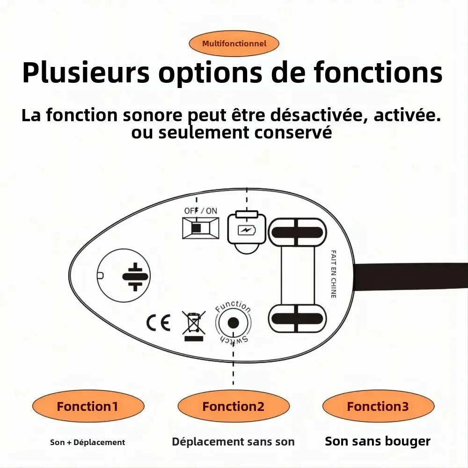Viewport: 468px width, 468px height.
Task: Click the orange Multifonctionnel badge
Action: pos(234,44)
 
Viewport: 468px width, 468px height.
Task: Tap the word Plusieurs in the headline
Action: pos(86,73)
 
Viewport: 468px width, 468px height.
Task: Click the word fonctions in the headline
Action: pos(378,73)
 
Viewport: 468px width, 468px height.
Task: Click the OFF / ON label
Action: pos(200,211)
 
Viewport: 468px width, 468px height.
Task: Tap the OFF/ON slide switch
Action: pos(200,228)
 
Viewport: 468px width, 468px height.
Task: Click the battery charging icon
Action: pos(246,229)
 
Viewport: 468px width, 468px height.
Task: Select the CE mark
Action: pos(158,323)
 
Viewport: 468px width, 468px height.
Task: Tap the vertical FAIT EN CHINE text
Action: pos(334,274)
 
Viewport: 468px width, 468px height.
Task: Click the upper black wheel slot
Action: pos(297,232)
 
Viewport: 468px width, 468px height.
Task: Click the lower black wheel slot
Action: pos(297,319)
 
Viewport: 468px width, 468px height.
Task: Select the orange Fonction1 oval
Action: pos(88,406)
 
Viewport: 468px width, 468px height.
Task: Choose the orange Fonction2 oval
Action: pos(233,406)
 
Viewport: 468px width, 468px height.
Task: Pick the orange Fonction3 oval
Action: pos(378,406)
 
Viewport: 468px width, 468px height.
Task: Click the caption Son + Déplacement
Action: pos(88,442)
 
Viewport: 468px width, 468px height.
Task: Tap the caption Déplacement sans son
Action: pos(233,441)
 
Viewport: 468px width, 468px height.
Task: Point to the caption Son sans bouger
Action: pos(378,441)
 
